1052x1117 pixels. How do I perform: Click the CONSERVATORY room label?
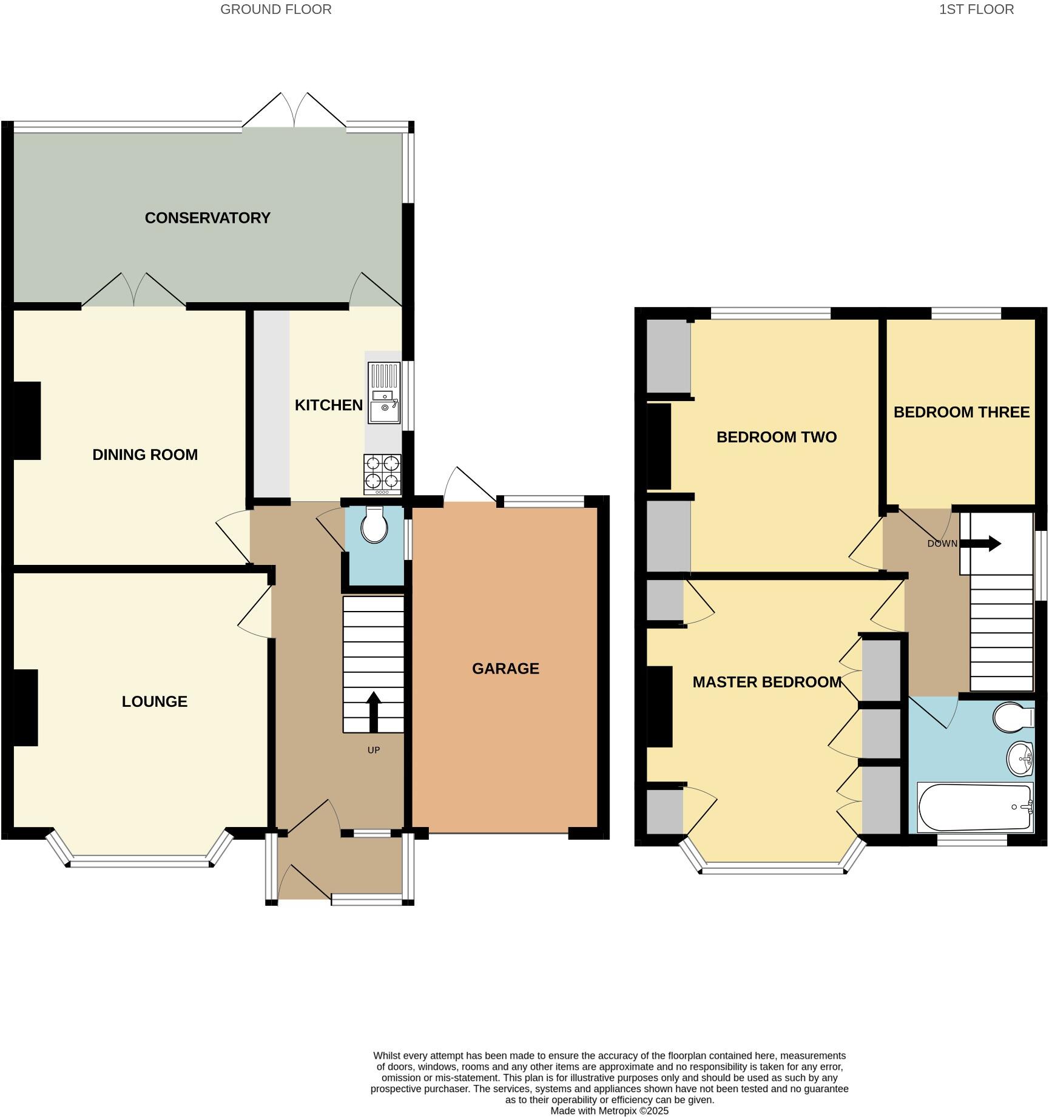[x=207, y=218]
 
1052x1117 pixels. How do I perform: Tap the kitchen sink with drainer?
[x=384, y=393]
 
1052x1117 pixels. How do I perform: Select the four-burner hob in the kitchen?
[x=383, y=474]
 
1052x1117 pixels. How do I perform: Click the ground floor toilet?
[x=374, y=525]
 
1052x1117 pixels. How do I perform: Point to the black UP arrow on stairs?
[x=373, y=712]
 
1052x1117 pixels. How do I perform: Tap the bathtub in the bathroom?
[x=975, y=807]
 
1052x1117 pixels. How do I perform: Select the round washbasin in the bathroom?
[x=1020, y=758]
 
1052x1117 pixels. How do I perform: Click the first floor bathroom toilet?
[x=1013, y=718]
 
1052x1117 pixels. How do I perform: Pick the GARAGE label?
[x=505, y=669]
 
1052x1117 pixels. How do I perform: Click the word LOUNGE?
[x=154, y=701]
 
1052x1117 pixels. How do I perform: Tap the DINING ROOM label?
[x=145, y=454]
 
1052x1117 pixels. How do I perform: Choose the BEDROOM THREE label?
[x=961, y=413]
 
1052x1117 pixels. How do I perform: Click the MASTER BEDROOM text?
[x=767, y=682]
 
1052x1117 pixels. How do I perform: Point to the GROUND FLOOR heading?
[x=275, y=10]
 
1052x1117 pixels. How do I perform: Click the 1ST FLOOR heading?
[x=976, y=10]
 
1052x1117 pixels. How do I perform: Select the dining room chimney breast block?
[x=27, y=420]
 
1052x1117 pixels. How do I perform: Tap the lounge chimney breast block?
[x=25, y=707]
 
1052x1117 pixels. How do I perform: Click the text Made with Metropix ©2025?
[x=609, y=1110]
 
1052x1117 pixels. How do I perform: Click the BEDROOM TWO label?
[x=776, y=437]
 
